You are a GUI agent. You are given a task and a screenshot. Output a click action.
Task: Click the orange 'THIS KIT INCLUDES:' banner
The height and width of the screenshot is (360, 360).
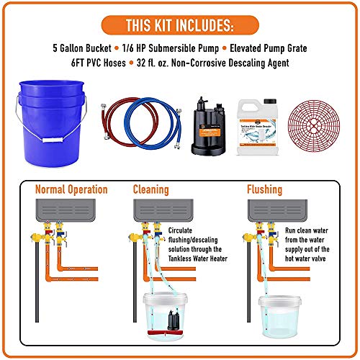pyautogui.click(x=180, y=27)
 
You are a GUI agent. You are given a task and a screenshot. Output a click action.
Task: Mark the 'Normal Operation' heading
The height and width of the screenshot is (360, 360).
pyautogui.click(x=72, y=190)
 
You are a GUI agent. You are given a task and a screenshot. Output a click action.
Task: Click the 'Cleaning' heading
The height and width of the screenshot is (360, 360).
pyautogui.click(x=152, y=190)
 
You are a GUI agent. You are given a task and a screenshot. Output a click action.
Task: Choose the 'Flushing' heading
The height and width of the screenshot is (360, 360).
pyautogui.click(x=264, y=190)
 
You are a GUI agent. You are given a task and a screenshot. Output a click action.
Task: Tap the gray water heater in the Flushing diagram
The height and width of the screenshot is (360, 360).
pyautogui.click(x=278, y=210)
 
